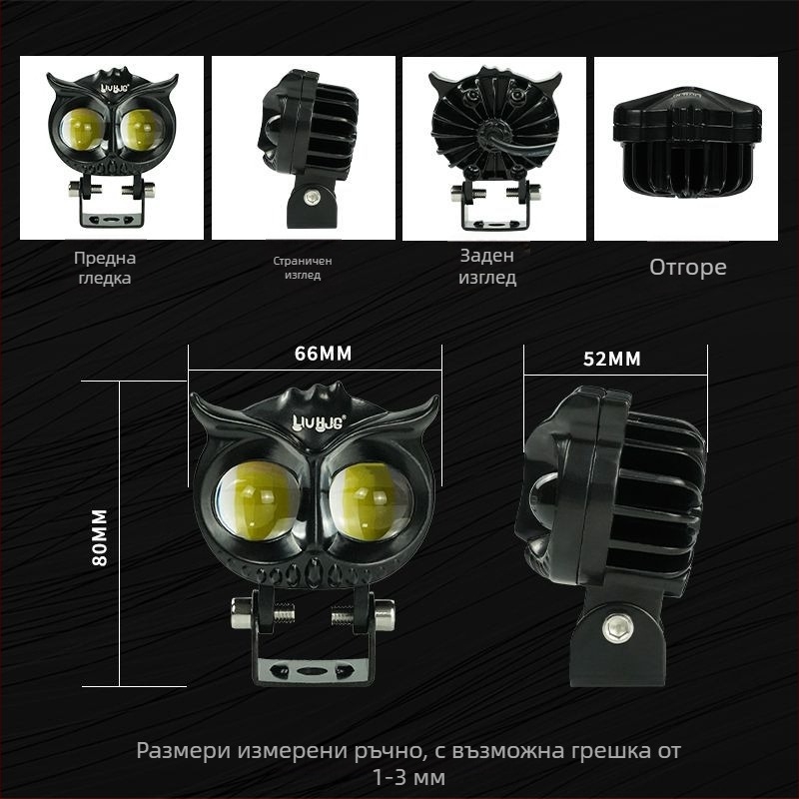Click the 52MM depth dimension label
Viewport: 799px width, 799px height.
coord(611,360)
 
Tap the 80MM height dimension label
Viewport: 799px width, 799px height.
coord(100,536)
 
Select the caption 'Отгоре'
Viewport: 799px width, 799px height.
coord(687,267)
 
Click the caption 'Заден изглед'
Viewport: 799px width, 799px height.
coord(487,267)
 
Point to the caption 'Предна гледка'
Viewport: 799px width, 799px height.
coord(104,267)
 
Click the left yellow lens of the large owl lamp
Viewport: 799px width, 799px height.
coord(257,499)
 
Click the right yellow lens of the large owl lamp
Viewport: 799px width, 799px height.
coord(371,498)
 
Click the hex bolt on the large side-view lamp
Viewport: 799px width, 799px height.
coord(616,627)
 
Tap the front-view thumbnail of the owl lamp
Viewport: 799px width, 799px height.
coord(112,148)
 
